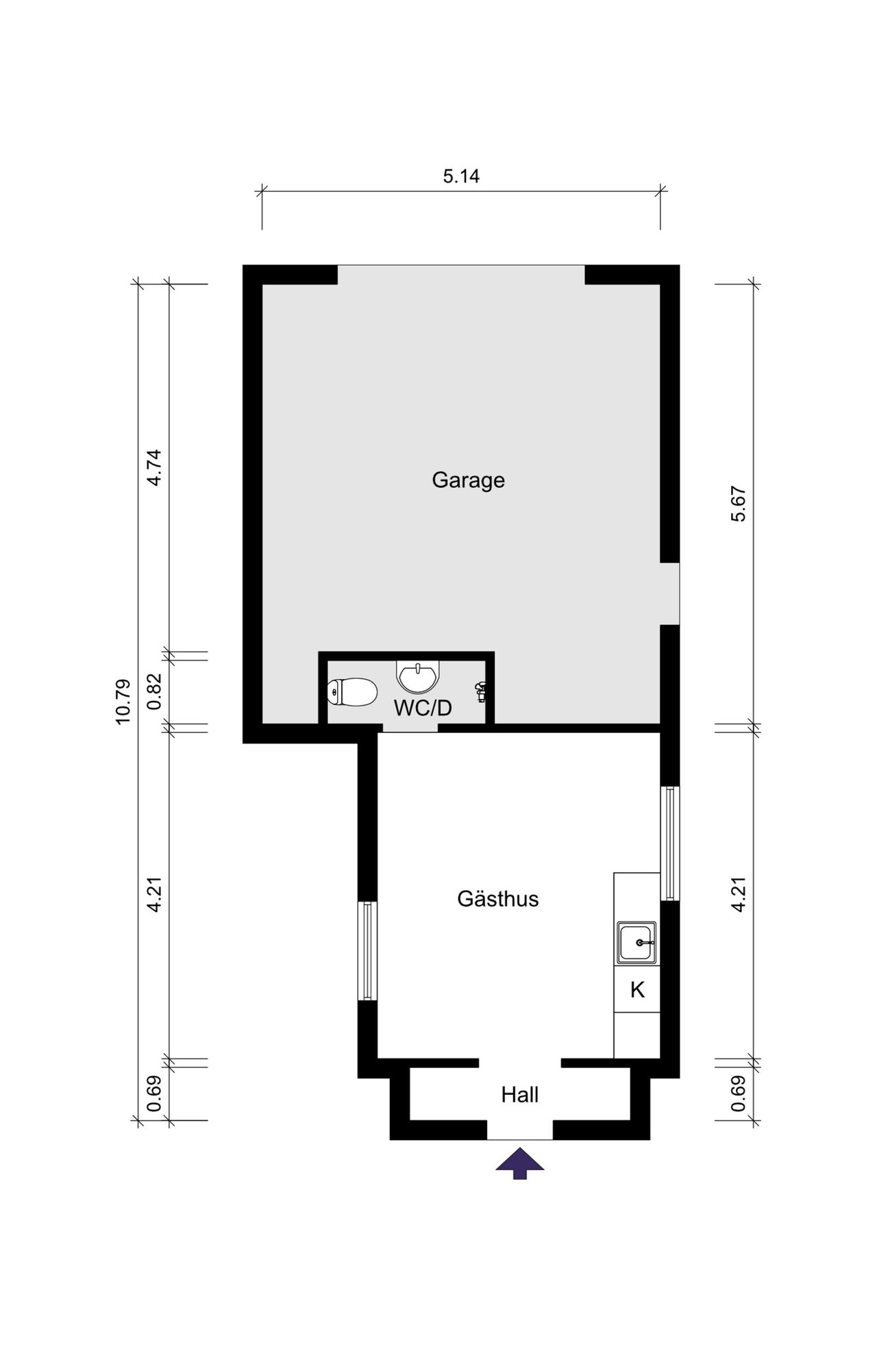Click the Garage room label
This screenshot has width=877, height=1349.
pos(468,480)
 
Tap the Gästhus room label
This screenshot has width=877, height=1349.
pos(498,899)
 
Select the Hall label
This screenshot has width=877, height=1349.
pos(519,1095)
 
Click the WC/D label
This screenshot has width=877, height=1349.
pos(423,708)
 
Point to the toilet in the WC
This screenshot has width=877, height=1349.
pos(352,693)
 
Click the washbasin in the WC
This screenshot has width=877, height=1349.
pos(418,677)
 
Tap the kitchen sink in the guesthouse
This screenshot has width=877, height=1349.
pos(637,943)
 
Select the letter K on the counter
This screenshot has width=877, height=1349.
pos(637,989)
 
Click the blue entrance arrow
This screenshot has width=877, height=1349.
pos(520,1163)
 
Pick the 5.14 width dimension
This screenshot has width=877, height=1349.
pos(461,176)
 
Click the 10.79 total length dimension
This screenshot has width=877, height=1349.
pos(123,702)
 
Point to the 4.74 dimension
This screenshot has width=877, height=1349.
pos(155,467)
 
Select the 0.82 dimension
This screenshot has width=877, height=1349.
pos(155,691)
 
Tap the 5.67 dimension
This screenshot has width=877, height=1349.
pos(738,504)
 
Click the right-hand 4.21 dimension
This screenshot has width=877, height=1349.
pos(738,895)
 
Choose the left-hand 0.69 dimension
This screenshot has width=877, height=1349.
pos(155,1094)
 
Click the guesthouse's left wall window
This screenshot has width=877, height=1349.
pos(368,951)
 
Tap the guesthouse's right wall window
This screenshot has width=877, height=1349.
pos(670,843)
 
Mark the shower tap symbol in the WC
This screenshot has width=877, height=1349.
pos(482,692)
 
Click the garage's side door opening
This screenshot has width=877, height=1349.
pos(670,593)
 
